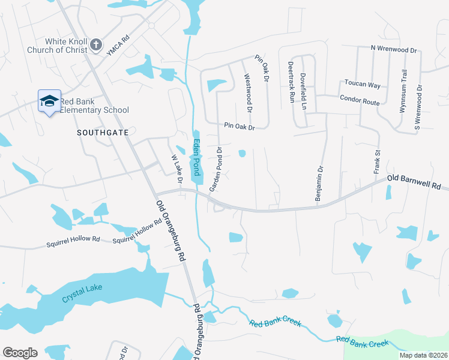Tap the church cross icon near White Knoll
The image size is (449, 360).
click(x=95, y=45)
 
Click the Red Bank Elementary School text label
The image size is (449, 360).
click(x=97, y=106)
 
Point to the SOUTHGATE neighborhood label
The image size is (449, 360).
click(x=103, y=132)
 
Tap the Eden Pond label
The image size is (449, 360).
click(x=196, y=158)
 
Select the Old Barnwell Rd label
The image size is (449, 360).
click(x=414, y=182)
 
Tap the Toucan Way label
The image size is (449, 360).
click(x=362, y=85)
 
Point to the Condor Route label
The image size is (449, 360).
click(x=360, y=100)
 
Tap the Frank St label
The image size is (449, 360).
click(x=378, y=163)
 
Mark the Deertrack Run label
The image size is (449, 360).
click(x=291, y=81)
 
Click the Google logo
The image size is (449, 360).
click(x=20, y=353)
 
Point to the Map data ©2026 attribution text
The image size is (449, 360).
click(x=423, y=355)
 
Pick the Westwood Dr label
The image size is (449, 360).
click(x=247, y=89)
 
